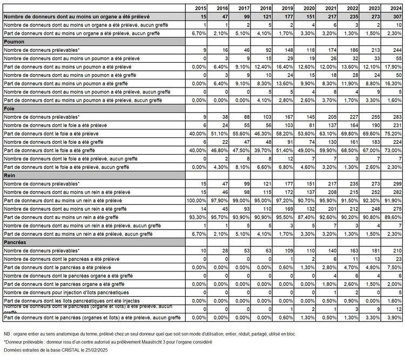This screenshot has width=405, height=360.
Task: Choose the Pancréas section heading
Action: [15, 242]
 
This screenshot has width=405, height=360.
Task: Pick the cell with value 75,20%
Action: [393, 134]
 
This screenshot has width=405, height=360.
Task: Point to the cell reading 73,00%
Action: [393, 150]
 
